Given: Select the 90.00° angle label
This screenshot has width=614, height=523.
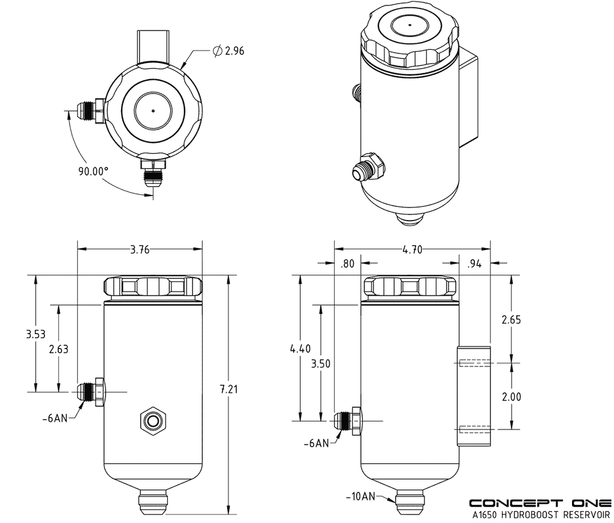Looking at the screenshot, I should click(x=93, y=171).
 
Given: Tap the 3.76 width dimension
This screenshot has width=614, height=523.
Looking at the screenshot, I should click(x=140, y=250).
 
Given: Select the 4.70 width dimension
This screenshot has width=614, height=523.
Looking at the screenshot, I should click(x=412, y=250).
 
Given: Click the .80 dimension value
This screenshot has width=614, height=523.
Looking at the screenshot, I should click(x=347, y=263).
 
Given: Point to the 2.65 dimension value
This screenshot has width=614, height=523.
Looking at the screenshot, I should click(x=511, y=319).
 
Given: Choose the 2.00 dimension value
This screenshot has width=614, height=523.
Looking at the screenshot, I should click(x=511, y=396).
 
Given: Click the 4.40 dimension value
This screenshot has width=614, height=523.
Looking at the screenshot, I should click(x=300, y=348).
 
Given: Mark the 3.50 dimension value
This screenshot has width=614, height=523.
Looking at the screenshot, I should click(x=321, y=363).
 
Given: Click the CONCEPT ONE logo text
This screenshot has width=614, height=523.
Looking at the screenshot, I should click(x=540, y=503).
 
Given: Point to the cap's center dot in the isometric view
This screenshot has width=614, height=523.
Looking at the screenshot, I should click(x=410, y=25).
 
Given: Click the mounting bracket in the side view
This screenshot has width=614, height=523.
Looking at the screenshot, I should click(x=475, y=395).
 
